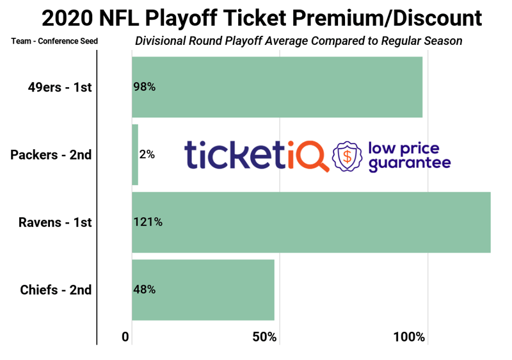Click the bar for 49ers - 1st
tap(276, 87)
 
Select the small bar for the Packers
tap(135, 154)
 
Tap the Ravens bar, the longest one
tap(311, 222)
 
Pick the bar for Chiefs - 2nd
tap(203, 290)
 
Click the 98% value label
tap(145, 87)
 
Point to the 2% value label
tap(147, 154)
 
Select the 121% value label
tap(148, 222)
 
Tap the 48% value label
tap(145, 290)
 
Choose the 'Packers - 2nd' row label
tap(51, 154)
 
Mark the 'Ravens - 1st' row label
tap(55, 222)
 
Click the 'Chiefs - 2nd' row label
tap(56, 290)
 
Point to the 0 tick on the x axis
tap(125, 337)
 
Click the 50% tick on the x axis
tap(264, 337)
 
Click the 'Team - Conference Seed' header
tap(54, 42)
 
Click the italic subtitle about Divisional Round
tap(298, 41)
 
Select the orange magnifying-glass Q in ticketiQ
tap(315, 156)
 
